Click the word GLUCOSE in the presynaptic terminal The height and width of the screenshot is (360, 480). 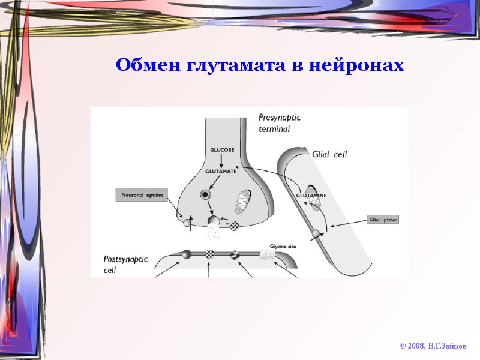pos(221,149)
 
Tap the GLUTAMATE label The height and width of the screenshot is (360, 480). pos(221,172)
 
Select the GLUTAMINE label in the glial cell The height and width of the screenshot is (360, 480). pos(311,195)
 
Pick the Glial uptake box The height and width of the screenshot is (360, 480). pos(383,220)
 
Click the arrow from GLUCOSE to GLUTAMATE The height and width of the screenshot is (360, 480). pos(221,160)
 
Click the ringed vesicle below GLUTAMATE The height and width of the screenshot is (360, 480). pos(206,194)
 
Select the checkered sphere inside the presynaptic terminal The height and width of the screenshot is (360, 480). pos(233,226)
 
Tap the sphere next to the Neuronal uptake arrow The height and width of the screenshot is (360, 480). pos(187,223)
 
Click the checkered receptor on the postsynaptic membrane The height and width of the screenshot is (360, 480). pos(209,254)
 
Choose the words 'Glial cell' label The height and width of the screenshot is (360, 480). pos(329,154)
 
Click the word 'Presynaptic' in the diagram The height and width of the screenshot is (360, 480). pos(280,118)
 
